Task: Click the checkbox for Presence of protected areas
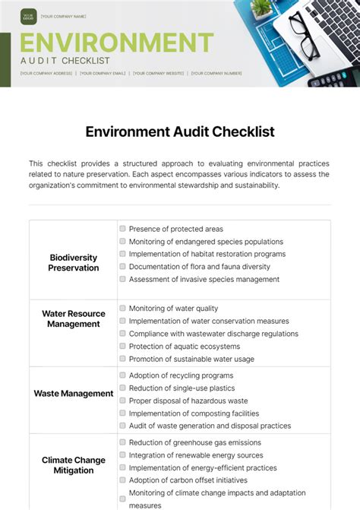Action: [123, 229]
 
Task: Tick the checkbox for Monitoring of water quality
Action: [123, 309]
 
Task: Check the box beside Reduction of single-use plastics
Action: [123, 388]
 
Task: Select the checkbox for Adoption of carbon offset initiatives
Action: [123, 480]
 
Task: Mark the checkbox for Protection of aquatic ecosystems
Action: [123, 347]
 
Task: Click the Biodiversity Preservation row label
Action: [74, 262]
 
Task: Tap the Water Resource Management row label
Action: [74, 318]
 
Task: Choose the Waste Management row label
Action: [74, 394]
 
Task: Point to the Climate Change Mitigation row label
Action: [74, 465]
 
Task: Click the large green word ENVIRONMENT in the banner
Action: [116, 41]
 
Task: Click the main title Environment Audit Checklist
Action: [180, 131]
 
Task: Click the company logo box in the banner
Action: [29, 15]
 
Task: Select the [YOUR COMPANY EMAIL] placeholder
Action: [103, 74]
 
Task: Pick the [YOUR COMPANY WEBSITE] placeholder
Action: [159, 74]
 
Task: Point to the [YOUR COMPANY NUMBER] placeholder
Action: [216, 74]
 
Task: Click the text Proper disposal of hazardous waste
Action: [188, 401]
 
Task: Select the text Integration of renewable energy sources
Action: [195, 455]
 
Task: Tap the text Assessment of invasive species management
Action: [204, 280]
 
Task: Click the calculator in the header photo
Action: [333, 76]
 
